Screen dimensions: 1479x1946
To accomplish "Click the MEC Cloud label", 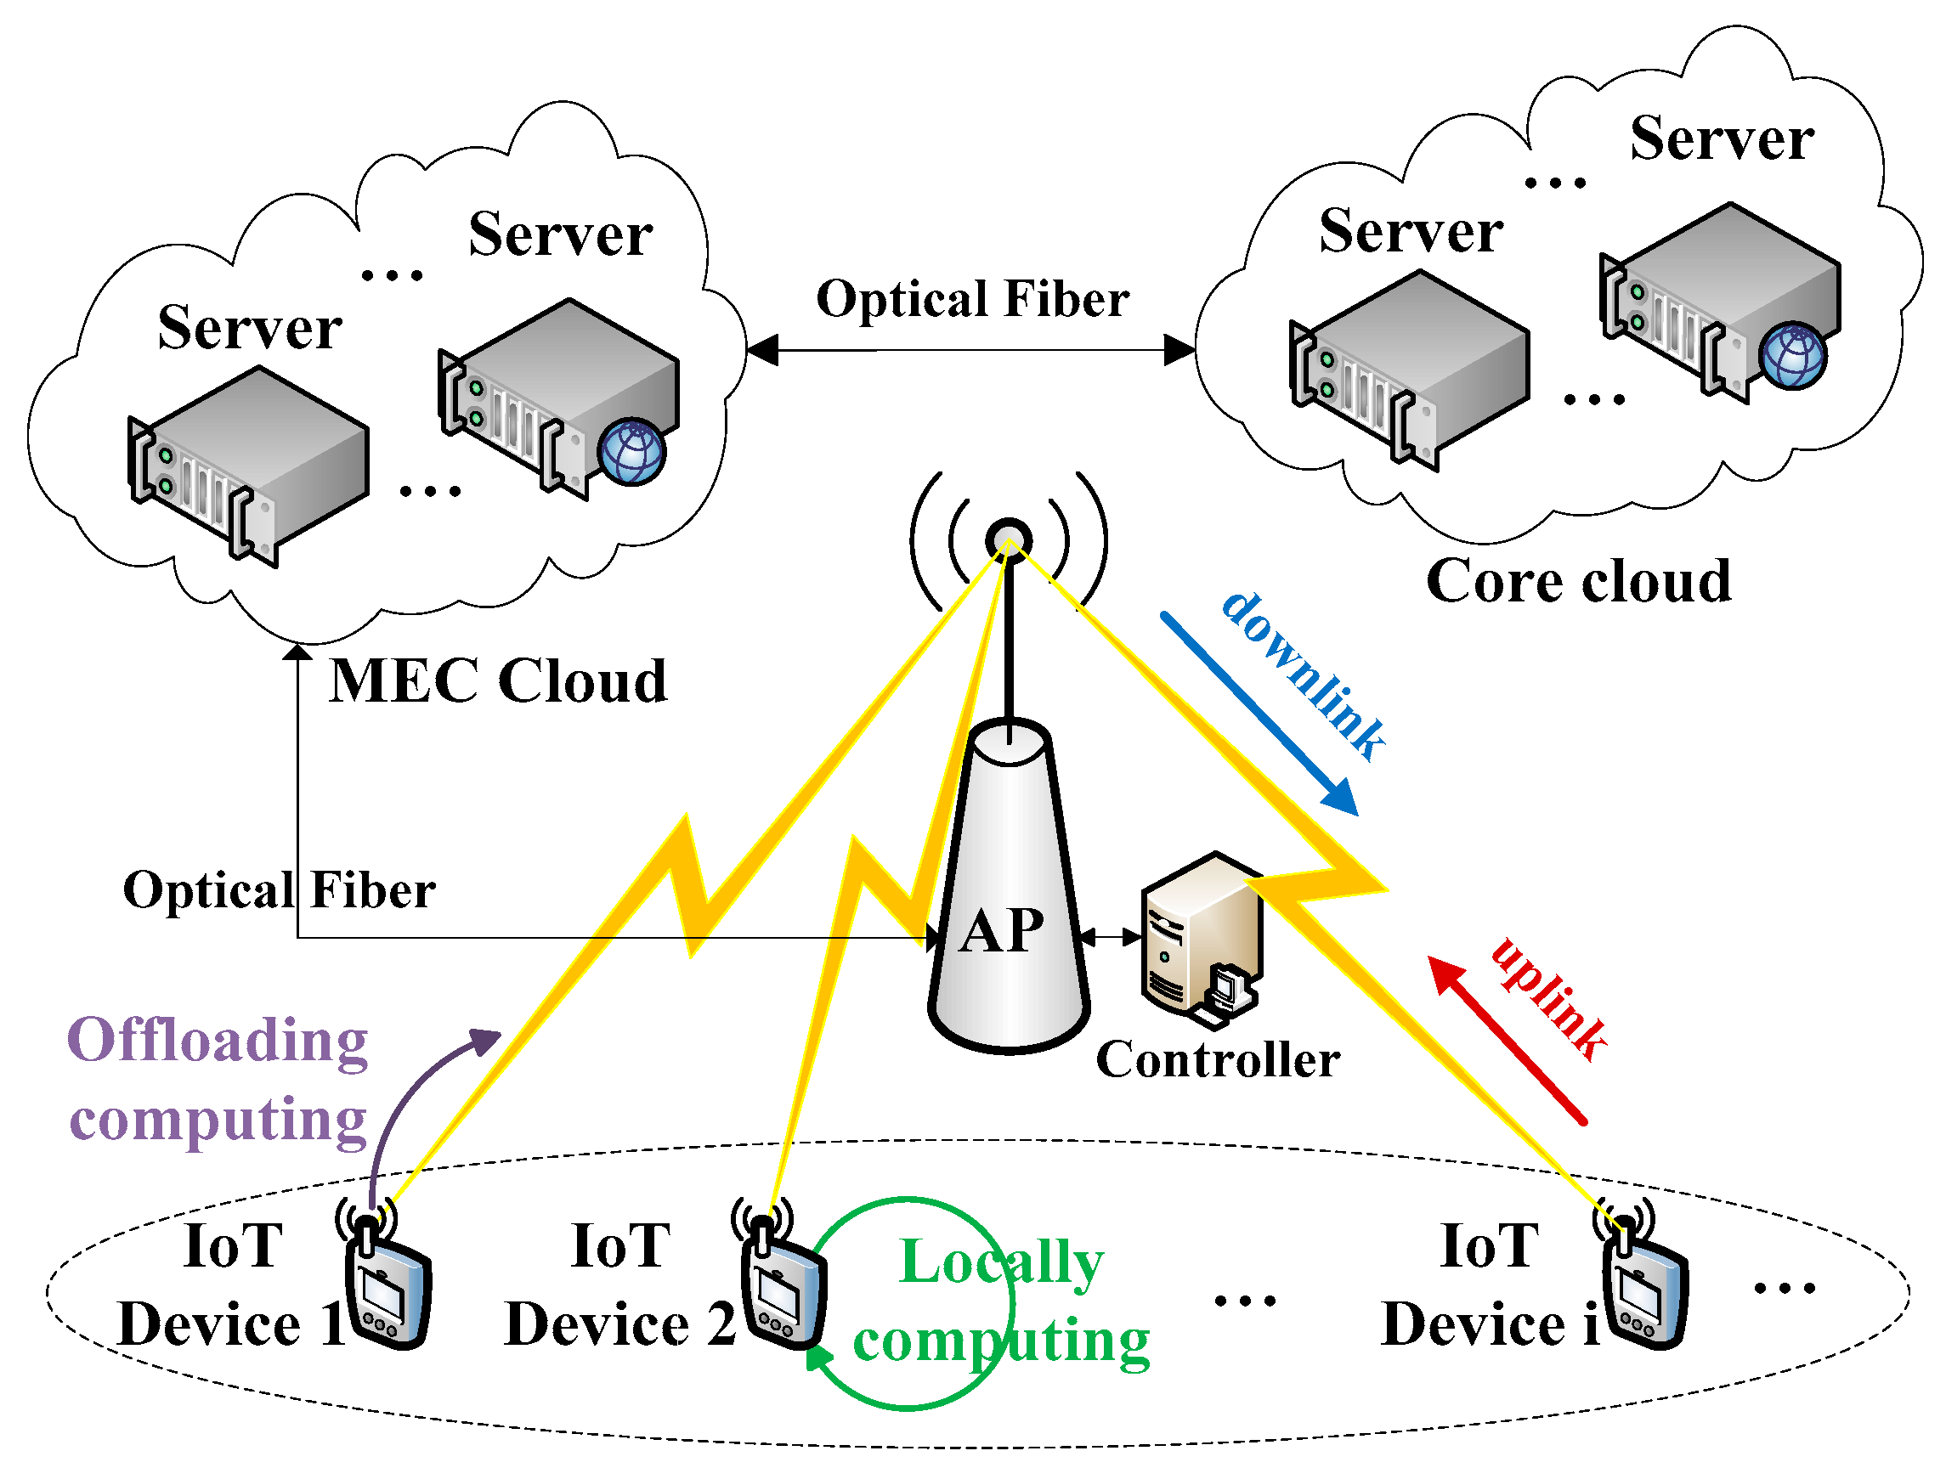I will (497, 681).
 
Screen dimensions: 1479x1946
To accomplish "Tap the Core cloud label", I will (1578, 581).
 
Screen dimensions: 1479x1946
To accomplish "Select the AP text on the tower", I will (1002, 930).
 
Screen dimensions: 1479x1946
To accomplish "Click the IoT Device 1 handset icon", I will (388, 1290).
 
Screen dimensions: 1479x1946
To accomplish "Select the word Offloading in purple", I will (218, 1041).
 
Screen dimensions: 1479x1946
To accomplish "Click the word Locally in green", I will (1001, 1262).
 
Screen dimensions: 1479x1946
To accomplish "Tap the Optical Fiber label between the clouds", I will (972, 298).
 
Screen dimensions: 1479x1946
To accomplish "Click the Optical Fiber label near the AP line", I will (278, 890).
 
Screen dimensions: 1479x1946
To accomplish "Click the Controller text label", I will (1218, 1059).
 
